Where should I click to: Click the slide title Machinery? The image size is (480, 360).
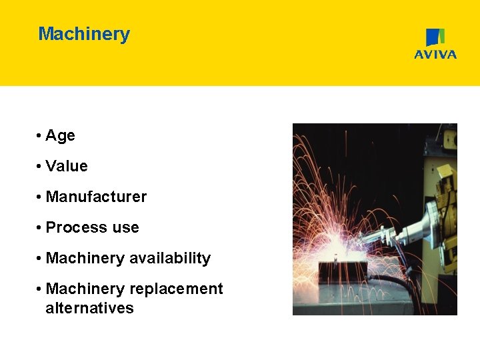tap(84, 34)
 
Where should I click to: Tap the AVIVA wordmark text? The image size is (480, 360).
tap(435, 55)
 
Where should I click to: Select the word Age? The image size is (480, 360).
tap(60, 135)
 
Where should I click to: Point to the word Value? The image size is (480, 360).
tap(67, 166)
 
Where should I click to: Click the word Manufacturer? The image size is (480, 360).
tap(96, 197)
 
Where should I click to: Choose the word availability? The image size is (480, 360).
tap(170, 258)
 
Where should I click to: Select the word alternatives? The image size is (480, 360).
tap(89, 308)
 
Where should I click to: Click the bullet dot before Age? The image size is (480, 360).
tap(41, 136)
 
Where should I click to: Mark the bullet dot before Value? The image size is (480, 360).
tap(41, 167)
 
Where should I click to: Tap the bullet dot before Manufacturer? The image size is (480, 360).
tap(41, 197)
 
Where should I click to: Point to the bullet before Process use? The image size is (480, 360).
tap(41, 228)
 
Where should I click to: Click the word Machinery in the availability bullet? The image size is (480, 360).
tap(85, 258)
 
